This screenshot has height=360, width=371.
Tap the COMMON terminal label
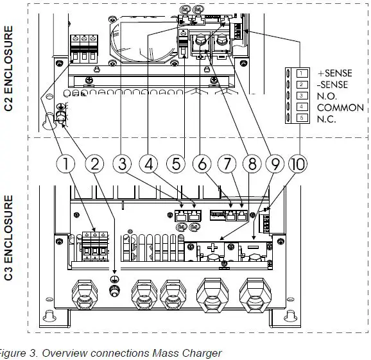click(x=341, y=108)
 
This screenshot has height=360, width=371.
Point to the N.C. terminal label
click(x=327, y=119)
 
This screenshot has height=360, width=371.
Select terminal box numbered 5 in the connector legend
click(x=299, y=119)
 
